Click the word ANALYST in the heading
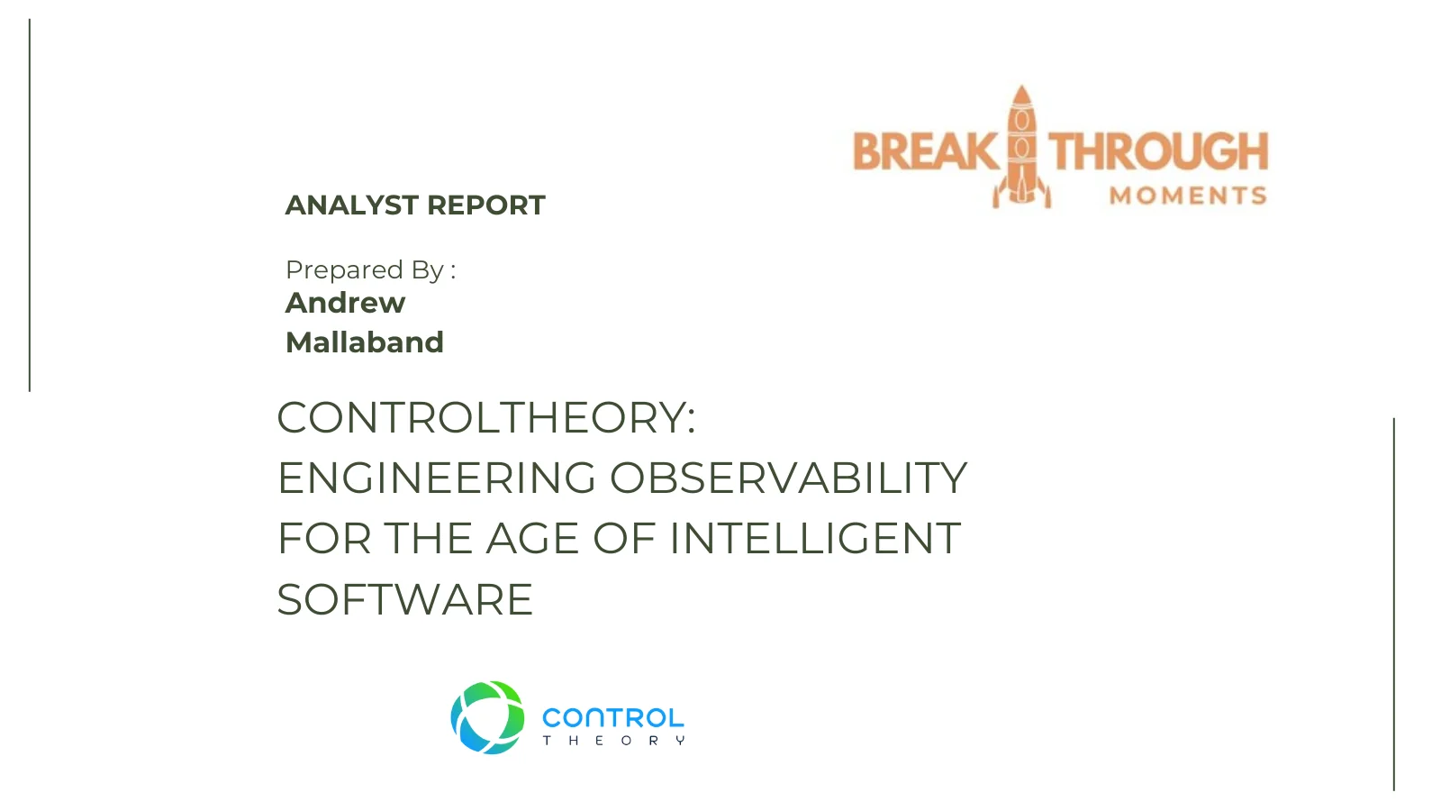pyautogui.click(x=352, y=205)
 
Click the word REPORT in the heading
pyautogui.click(x=486, y=205)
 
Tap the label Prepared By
pyautogui.click(x=365, y=270)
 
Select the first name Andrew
pyautogui.click(x=346, y=303)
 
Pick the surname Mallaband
pyautogui.click(x=365, y=342)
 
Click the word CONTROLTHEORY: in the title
pyautogui.click(x=486, y=418)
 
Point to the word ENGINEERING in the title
pyautogui.click(x=437, y=478)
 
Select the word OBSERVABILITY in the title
pyautogui.click(x=789, y=478)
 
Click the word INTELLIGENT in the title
pyautogui.click(x=815, y=539)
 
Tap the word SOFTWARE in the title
pyautogui.click(x=405, y=599)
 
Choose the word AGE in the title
pyautogui.click(x=532, y=539)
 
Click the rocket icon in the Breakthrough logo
pyautogui.click(x=1021, y=148)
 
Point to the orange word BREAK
pyautogui.click(x=925, y=151)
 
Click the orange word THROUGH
pyautogui.click(x=1158, y=151)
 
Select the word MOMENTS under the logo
pyautogui.click(x=1188, y=195)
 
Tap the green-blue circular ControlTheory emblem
pyautogui.click(x=487, y=717)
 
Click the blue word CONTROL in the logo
pyautogui.click(x=613, y=717)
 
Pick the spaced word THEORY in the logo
pyautogui.click(x=613, y=741)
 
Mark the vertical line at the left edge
pyautogui.click(x=30, y=205)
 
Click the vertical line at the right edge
pyautogui.click(x=1394, y=605)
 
